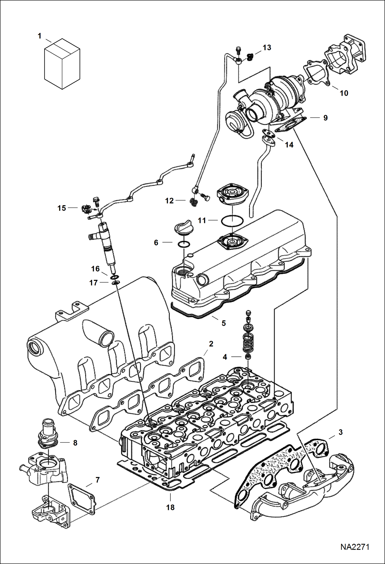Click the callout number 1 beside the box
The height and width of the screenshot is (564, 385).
(x=40, y=36)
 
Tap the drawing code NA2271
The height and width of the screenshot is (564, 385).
(x=355, y=547)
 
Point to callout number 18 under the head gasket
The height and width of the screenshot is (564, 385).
(x=170, y=507)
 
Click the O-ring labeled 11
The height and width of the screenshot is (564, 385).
(x=232, y=221)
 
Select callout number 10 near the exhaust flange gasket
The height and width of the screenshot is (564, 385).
(x=344, y=93)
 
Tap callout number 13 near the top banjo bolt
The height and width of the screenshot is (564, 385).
(x=267, y=48)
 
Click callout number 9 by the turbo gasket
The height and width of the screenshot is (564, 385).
(x=325, y=118)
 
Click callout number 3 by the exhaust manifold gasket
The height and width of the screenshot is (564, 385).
(x=341, y=432)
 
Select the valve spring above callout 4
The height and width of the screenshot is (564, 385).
(x=248, y=342)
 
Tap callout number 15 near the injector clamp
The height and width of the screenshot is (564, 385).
(x=62, y=208)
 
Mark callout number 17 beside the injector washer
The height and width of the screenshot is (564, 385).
(x=93, y=283)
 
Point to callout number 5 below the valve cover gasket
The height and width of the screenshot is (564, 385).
(x=224, y=323)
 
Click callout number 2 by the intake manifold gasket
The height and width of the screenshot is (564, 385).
(x=211, y=344)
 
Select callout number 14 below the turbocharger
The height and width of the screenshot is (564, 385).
(x=289, y=145)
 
